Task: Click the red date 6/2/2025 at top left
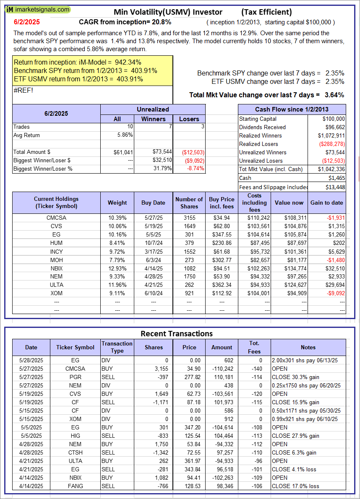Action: coord(25,22)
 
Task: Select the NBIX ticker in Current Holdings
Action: coord(56,268)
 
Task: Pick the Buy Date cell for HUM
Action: coord(153,243)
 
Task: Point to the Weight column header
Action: coord(117,203)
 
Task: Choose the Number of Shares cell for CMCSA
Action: coord(189,218)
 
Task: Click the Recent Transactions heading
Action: coord(176,334)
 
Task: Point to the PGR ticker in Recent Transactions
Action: coord(75,377)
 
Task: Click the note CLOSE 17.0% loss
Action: coord(295,486)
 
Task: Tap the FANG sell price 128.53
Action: coord(189,486)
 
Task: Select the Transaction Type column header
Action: coord(117,347)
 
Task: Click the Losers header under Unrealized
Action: coord(189,119)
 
